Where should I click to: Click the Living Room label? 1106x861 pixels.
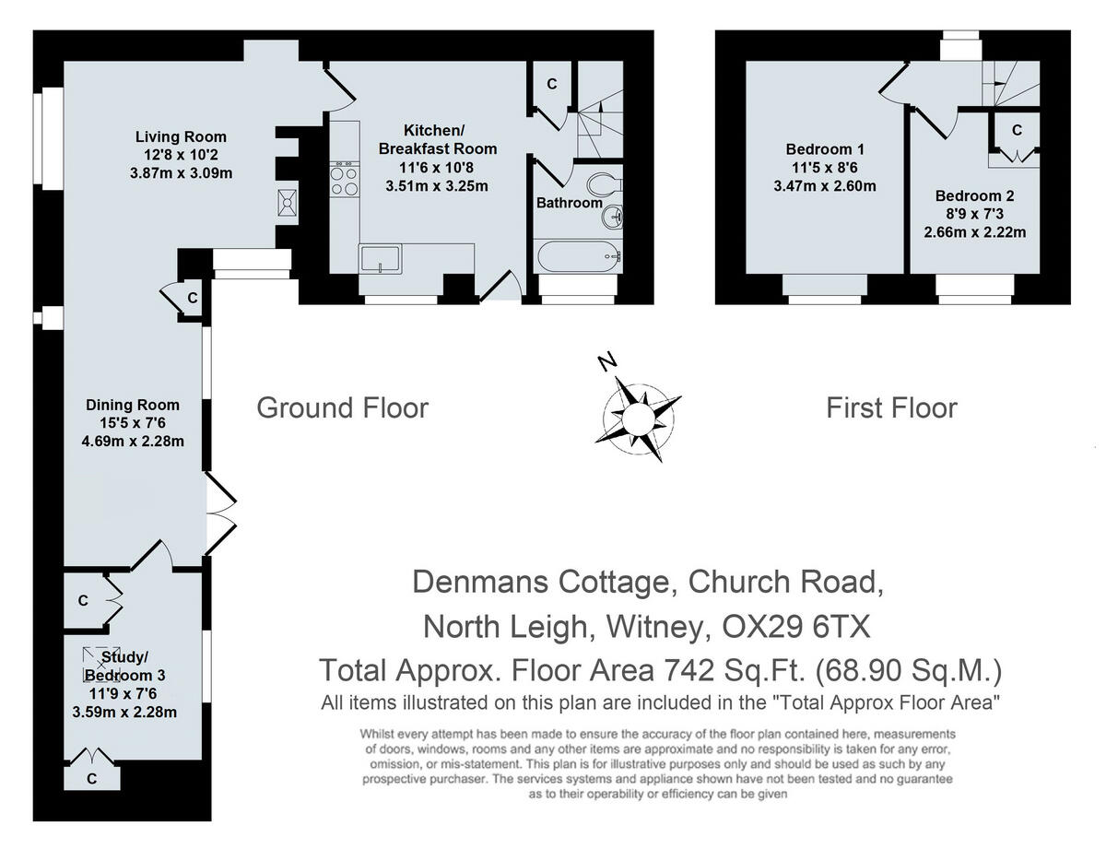181,137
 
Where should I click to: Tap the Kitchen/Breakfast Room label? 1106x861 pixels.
438,139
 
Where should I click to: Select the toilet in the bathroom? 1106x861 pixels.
609,184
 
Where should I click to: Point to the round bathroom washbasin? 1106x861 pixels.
611,218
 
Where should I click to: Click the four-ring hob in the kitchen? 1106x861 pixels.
344,179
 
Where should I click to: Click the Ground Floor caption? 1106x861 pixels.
342,407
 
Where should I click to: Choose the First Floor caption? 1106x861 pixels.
891,407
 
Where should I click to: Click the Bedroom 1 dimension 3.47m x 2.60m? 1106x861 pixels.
830,185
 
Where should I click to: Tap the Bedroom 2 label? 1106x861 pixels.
974,195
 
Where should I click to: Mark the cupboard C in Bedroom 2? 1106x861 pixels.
1017,131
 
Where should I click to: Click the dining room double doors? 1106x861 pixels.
218,516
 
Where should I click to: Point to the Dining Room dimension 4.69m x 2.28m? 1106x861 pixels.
133,440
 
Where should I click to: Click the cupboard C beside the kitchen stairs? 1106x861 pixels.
551,84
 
